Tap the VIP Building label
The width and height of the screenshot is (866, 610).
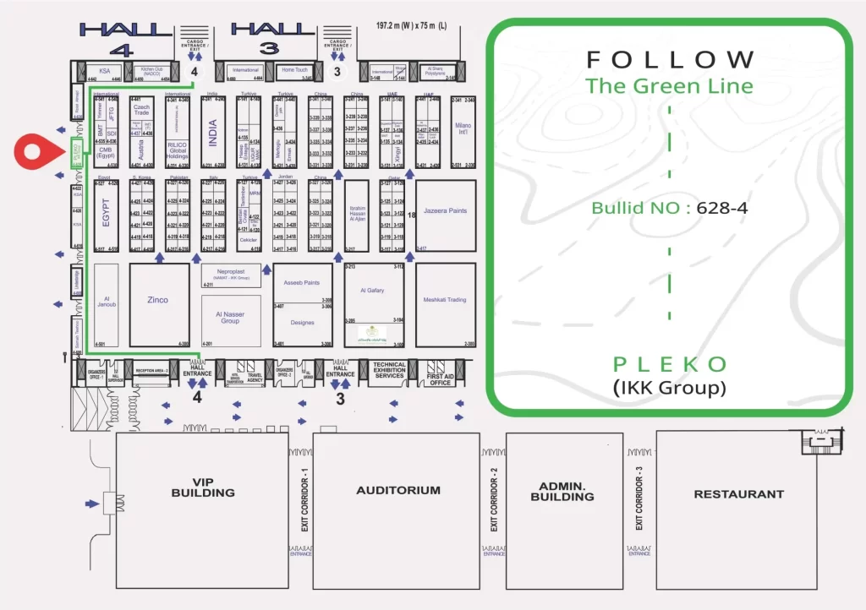(203, 487)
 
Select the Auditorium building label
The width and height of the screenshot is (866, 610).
(398, 490)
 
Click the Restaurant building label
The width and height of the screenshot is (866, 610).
(738, 494)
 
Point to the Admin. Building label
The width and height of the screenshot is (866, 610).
(562, 493)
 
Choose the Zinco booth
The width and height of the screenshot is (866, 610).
(157, 300)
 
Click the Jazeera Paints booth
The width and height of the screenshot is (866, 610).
(445, 211)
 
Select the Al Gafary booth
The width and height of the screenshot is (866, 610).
(372, 291)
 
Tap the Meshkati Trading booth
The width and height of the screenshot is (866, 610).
(445, 300)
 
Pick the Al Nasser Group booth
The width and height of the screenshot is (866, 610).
(230, 317)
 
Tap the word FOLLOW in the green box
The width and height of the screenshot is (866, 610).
(670, 60)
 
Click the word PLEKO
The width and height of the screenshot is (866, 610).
(670, 364)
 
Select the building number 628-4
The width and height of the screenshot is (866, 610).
(721, 208)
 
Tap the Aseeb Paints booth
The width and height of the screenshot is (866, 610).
(302, 283)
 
